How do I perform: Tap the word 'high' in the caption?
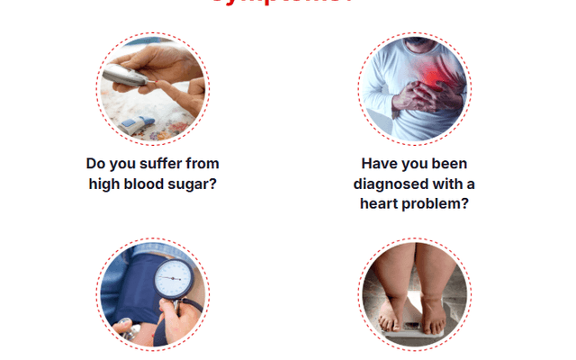[106, 184]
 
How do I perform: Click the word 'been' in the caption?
[450, 164]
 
